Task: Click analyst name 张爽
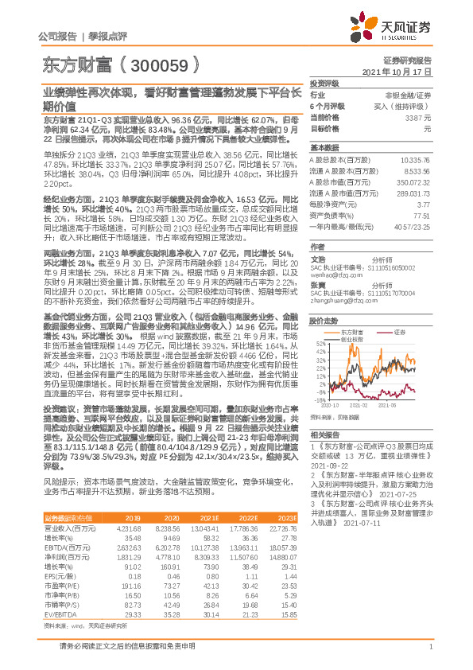[317, 284]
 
